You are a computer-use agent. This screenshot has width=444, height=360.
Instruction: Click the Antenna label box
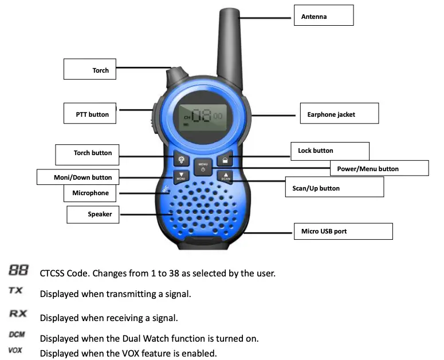point(324,17)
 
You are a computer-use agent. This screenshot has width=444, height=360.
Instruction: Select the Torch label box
point(89,70)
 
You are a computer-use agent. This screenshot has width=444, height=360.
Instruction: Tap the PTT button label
point(89,114)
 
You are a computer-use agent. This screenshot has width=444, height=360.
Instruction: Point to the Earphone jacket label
point(339,114)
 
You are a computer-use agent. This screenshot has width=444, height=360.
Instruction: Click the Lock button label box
point(329,151)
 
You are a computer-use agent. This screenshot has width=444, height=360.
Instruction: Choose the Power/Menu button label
point(379,168)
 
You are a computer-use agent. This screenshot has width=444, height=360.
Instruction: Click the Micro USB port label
point(343,231)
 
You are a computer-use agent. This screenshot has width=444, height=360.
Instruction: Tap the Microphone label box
point(90,193)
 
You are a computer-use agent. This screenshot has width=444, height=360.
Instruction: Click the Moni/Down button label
point(83,177)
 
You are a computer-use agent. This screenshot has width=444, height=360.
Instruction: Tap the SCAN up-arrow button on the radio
point(226,177)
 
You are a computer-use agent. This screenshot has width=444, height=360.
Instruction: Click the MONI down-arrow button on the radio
point(181,177)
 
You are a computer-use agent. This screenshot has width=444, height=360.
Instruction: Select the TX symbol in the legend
point(16,290)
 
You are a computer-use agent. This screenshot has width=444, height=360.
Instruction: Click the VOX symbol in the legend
point(15,350)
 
